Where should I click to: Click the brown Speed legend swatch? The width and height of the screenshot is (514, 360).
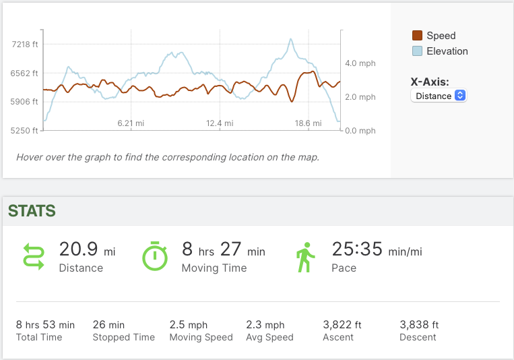pos(417,36)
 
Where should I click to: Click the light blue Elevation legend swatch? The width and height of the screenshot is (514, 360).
pos(417,51)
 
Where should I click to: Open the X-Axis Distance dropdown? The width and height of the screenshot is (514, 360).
pos(439,96)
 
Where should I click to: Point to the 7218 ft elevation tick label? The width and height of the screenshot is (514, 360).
pos(26,44)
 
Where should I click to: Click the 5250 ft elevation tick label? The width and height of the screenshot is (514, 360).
pos(26,130)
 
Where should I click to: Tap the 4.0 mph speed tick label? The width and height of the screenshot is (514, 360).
pos(360,63)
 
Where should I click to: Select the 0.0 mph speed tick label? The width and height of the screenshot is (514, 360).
pos(360,130)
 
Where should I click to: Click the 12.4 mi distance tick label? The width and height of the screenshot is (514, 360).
pos(220,123)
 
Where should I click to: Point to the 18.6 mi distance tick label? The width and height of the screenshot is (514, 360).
pos(308,123)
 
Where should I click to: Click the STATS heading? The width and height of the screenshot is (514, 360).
pos(32,211)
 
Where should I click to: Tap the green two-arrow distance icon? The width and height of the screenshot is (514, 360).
pos(34,258)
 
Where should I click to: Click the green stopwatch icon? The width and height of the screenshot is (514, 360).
pos(155,256)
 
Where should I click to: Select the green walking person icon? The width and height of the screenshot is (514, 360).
pos(305,258)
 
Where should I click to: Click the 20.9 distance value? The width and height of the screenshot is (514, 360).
pos(78,249)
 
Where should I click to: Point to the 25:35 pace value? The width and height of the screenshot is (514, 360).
pos(357,249)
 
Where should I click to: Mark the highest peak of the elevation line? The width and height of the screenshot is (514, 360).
pos(291,39)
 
